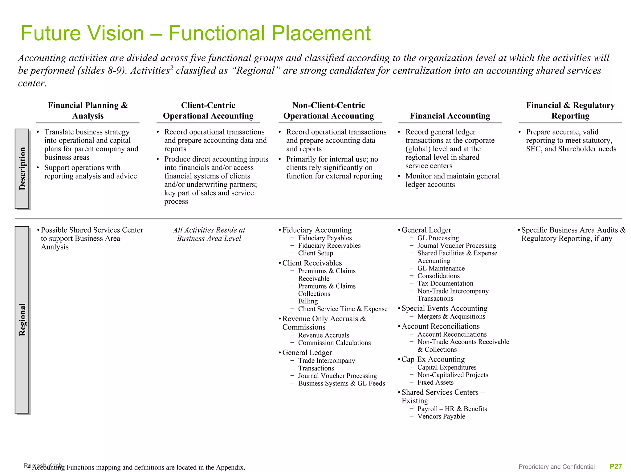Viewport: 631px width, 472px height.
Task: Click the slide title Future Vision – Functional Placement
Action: point(195,33)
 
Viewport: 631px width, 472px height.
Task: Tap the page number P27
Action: point(616,466)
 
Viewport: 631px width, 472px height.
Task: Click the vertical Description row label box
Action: point(22,169)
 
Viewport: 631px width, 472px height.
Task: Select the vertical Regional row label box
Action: point(22,319)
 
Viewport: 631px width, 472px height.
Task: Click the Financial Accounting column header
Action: point(450,116)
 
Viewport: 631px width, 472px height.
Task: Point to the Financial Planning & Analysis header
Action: point(88,110)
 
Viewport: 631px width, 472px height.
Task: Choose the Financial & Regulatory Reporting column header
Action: point(570,110)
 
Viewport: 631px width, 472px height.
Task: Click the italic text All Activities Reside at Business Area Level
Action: point(209,234)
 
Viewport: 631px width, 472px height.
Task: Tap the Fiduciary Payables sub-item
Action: point(325,238)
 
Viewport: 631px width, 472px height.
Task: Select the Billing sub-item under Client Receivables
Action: point(308,301)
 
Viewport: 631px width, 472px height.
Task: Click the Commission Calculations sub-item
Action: point(334,343)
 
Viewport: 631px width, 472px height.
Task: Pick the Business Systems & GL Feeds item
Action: point(341,383)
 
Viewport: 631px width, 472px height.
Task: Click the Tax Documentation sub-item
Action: point(445,283)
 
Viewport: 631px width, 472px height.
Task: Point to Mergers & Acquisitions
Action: point(451,317)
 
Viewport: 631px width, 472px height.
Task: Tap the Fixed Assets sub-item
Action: point(435,382)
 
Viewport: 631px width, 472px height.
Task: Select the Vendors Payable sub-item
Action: point(441,416)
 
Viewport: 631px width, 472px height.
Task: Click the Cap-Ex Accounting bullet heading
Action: point(433,359)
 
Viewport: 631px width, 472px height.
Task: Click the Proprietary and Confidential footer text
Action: point(556,467)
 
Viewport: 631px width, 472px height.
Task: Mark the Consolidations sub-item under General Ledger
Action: point(438,276)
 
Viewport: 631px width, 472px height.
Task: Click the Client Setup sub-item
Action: point(315,253)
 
